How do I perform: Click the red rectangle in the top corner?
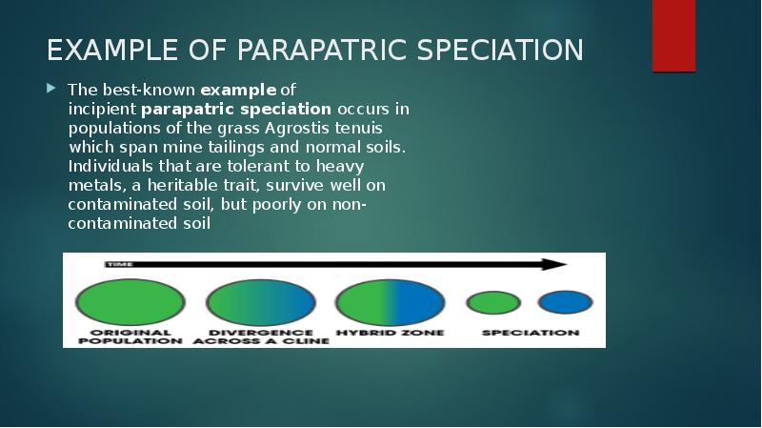[673, 35]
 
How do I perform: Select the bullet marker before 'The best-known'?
[51, 89]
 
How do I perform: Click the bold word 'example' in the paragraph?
[238, 90]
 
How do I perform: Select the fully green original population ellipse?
[130, 302]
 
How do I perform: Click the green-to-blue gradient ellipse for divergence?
[260, 302]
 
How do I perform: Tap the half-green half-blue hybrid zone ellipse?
[390, 302]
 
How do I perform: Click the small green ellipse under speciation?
[493, 303]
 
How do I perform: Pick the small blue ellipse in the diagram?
[565, 303]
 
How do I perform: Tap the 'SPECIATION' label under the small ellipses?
[530, 334]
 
